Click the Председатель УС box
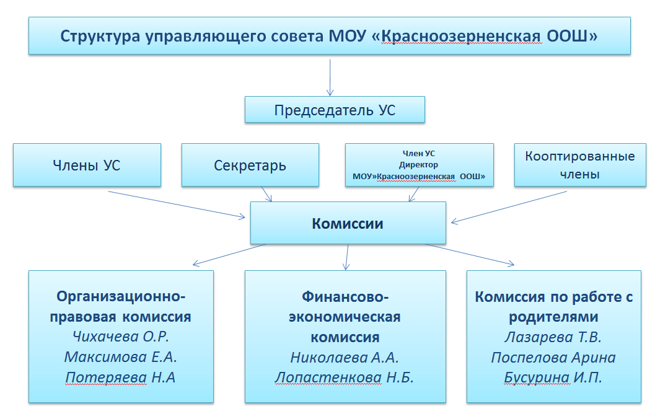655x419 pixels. (335, 110)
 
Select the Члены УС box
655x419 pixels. (87, 165)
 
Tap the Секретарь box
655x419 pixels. (250, 165)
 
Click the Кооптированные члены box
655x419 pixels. (580, 165)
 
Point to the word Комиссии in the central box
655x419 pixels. (348, 224)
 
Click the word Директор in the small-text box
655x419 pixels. (418, 165)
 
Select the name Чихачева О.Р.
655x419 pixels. (121, 337)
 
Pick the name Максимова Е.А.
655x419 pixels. (121, 357)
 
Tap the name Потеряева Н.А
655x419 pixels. (120, 377)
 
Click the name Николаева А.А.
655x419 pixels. (345, 357)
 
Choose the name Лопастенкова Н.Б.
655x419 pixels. (344, 377)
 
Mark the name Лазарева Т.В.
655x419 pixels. (553, 337)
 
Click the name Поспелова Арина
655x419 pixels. (553, 357)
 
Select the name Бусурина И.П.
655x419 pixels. (553, 377)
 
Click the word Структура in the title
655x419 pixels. (100, 36)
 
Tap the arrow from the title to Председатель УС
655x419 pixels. (330, 77)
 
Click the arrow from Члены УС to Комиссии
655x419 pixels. (177, 205)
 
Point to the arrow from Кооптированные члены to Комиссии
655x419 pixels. (509, 207)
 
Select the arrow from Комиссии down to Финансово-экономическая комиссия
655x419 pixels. (347, 257)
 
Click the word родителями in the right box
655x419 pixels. (553, 317)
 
